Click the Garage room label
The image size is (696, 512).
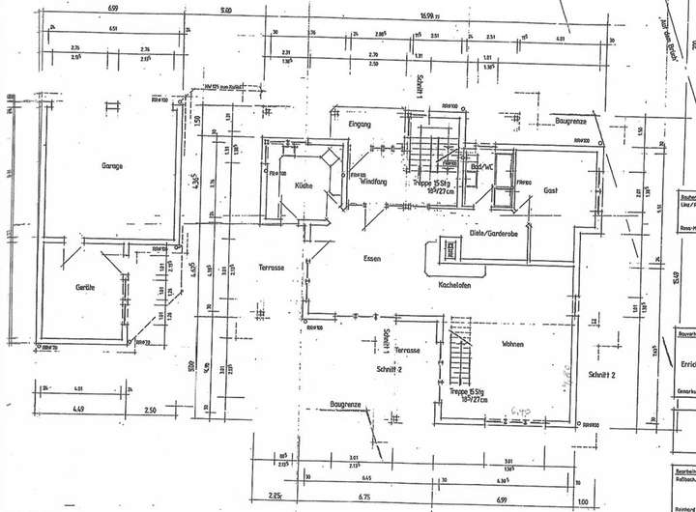point(112,165)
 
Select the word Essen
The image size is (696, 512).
point(372,258)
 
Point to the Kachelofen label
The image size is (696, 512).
point(454,285)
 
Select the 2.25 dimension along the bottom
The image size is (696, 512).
point(275,498)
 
